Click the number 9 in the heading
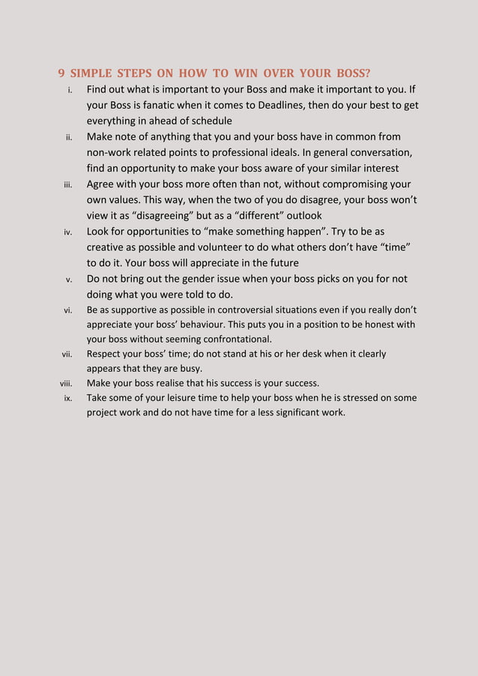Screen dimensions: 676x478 pyautogui.click(x=61, y=73)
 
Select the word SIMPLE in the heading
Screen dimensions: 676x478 pyautogui.click(x=91, y=73)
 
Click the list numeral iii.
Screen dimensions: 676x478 pyautogui.click(x=67, y=184)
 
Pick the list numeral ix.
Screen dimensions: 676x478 pyautogui.click(x=68, y=398)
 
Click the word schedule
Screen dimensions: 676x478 pyautogui.click(x=211, y=121)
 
